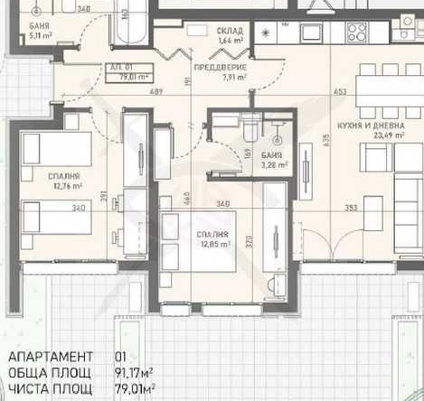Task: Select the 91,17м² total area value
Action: [x=132, y=372]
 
